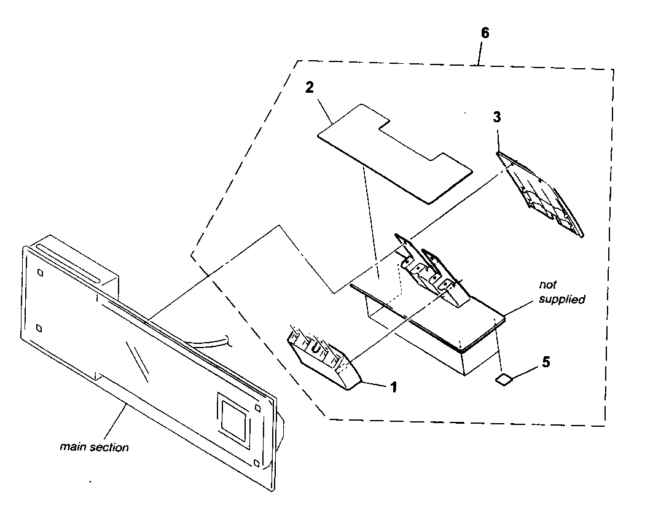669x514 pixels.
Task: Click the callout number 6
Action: click(x=485, y=33)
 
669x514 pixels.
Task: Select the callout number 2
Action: click(x=310, y=87)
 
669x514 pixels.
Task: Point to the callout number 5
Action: click(x=546, y=362)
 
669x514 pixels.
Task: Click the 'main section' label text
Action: click(x=94, y=447)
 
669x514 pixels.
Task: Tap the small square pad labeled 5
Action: click(x=503, y=380)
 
